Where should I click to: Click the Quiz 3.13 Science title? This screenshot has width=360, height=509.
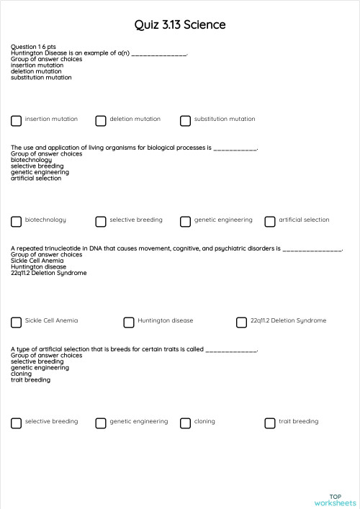click(x=180, y=25)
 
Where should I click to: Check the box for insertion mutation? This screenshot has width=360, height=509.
click(x=16, y=121)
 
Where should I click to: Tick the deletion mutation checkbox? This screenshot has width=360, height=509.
click(x=101, y=121)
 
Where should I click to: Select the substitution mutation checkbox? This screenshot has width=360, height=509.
click(x=186, y=121)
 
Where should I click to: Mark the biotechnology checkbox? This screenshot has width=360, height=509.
click(x=16, y=222)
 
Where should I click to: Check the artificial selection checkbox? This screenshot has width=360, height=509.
click(x=270, y=222)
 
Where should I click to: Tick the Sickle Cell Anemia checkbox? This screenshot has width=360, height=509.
click(x=16, y=323)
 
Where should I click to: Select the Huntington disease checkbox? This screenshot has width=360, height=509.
click(x=129, y=323)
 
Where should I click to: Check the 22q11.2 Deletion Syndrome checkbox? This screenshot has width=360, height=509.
click(x=241, y=323)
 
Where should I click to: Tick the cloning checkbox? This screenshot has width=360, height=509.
click(x=186, y=423)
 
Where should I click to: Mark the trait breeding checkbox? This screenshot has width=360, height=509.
click(x=270, y=423)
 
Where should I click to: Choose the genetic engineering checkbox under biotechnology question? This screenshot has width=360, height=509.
click(x=186, y=222)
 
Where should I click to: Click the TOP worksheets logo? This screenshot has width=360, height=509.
click(x=335, y=500)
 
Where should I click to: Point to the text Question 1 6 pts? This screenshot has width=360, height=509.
click(x=33, y=47)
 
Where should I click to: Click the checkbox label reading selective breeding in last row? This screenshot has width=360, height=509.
click(x=51, y=421)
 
